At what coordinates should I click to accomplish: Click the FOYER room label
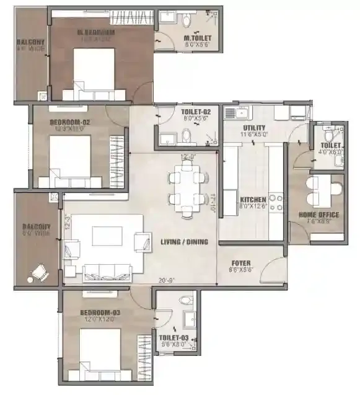(x=240, y=262)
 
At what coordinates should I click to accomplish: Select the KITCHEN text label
(x=253, y=200)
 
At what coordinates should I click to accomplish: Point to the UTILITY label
(x=254, y=127)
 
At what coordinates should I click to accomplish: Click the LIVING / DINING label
(x=184, y=241)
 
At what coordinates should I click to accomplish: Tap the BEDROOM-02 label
(x=70, y=123)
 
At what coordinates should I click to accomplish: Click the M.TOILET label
(x=196, y=39)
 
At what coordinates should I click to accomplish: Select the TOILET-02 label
(x=196, y=112)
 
